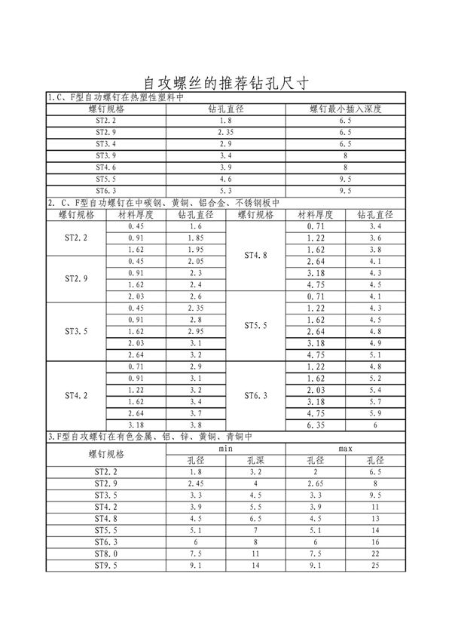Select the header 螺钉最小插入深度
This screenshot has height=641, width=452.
tap(346, 109)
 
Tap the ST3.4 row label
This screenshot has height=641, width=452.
tap(105, 143)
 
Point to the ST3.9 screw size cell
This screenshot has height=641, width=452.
tap(105, 155)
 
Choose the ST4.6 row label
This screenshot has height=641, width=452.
tap(105, 167)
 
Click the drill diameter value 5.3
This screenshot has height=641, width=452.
tap(225, 190)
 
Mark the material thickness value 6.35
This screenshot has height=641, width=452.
tap(316, 425)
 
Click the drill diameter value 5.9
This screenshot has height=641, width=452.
tap(375, 413)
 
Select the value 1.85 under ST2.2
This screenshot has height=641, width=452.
tap(196, 238)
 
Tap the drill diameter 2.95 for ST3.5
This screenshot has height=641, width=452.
tap(196, 331)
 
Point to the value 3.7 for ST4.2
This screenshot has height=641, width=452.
tap(196, 413)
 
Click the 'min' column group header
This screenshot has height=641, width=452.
tap(225, 449)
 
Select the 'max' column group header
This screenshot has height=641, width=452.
tap(346, 449)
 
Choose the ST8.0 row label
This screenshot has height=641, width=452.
tap(105, 554)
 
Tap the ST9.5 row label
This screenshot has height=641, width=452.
tap(105, 566)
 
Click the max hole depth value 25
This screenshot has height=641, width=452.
tap(375, 566)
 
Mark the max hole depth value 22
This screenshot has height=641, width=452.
tap(375, 554)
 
